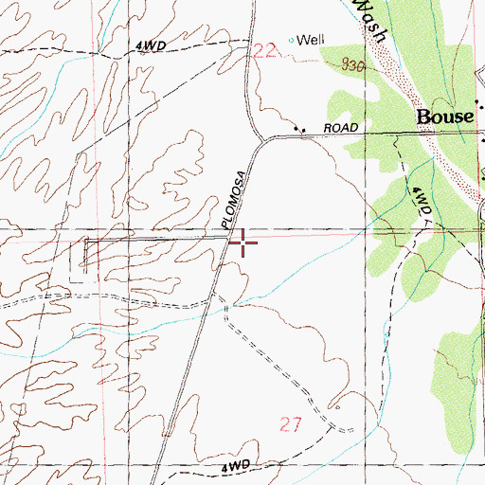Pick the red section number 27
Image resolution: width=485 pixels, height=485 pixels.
[x=291, y=426]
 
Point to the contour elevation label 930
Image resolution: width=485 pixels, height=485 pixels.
[x=352, y=66]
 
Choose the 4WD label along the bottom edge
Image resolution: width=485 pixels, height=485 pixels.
[x=238, y=467]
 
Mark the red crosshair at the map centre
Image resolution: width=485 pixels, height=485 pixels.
[x=243, y=244]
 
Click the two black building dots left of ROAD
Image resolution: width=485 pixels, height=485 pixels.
[x=301, y=131]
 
